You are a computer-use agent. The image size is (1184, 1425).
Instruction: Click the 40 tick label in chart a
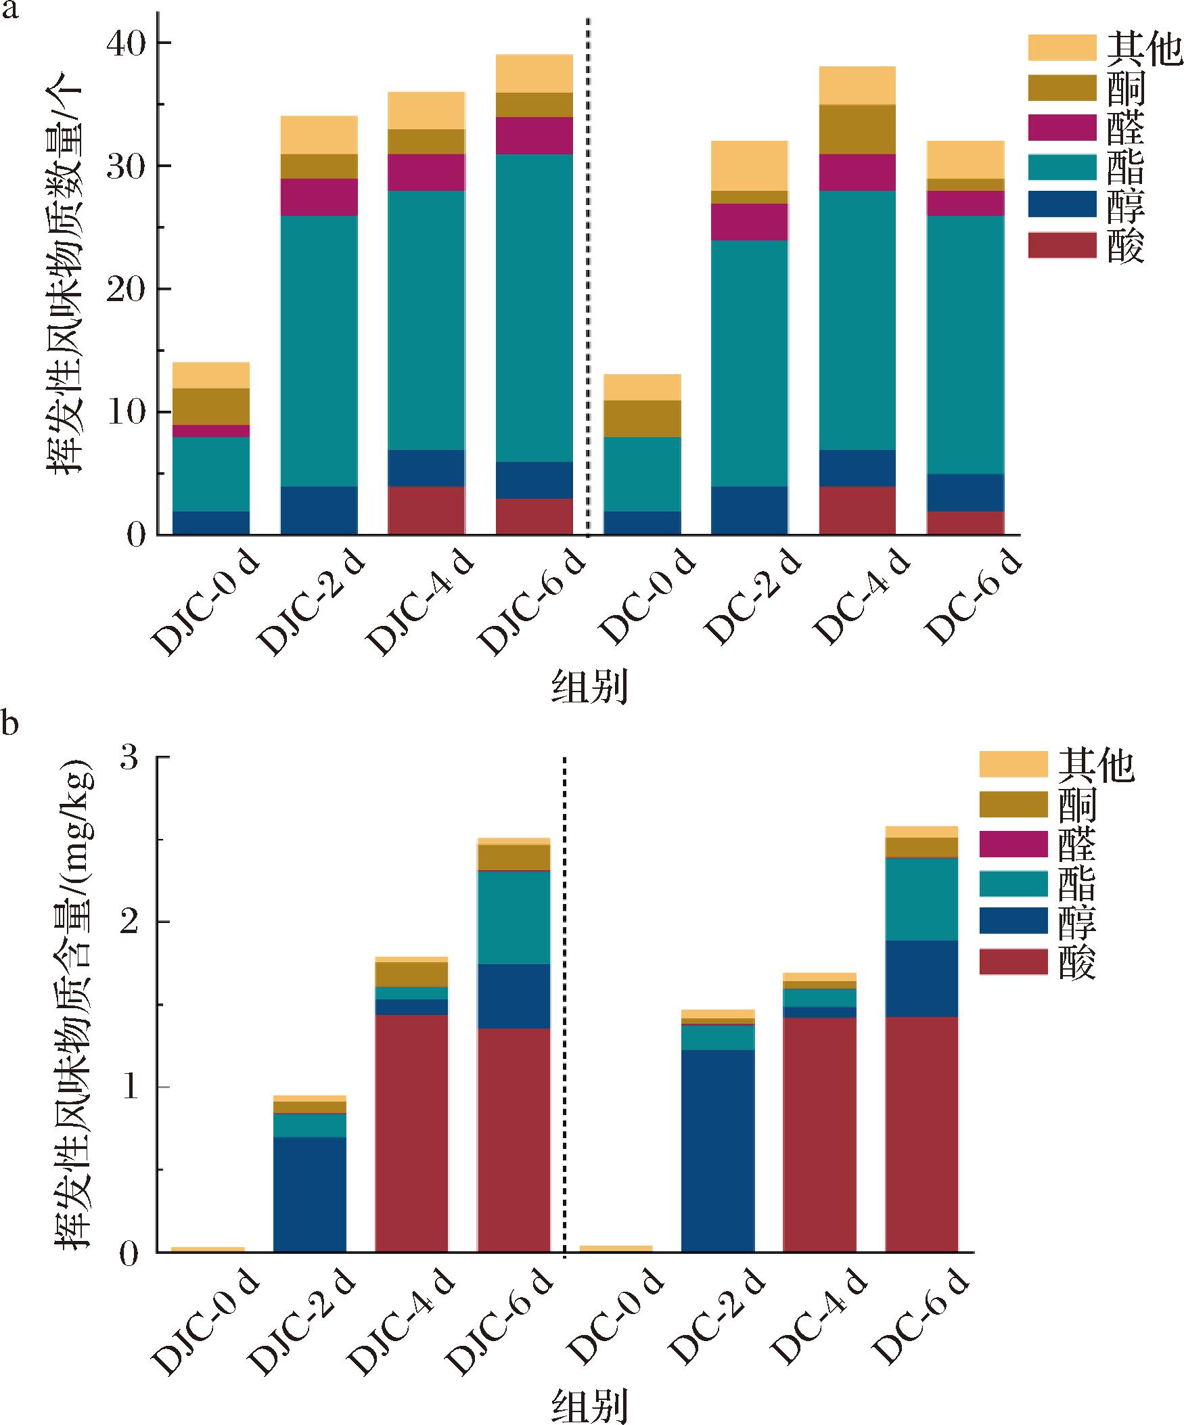[127, 45]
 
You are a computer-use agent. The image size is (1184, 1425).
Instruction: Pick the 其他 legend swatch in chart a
[1062, 48]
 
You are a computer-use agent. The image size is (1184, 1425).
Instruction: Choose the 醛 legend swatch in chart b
[1014, 844]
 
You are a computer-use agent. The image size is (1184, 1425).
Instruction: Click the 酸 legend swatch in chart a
[1062, 246]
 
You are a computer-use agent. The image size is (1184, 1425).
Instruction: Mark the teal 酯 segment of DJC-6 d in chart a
[534, 307]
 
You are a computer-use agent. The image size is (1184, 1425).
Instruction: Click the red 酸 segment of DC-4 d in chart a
[857, 510]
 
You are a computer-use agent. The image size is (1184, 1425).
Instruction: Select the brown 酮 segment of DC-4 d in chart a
[857, 130]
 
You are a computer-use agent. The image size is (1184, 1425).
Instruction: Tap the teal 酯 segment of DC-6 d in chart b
[921, 899]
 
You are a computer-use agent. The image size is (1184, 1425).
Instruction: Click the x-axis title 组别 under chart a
[589, 687]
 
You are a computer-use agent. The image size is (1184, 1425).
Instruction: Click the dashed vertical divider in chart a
[587, 271]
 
